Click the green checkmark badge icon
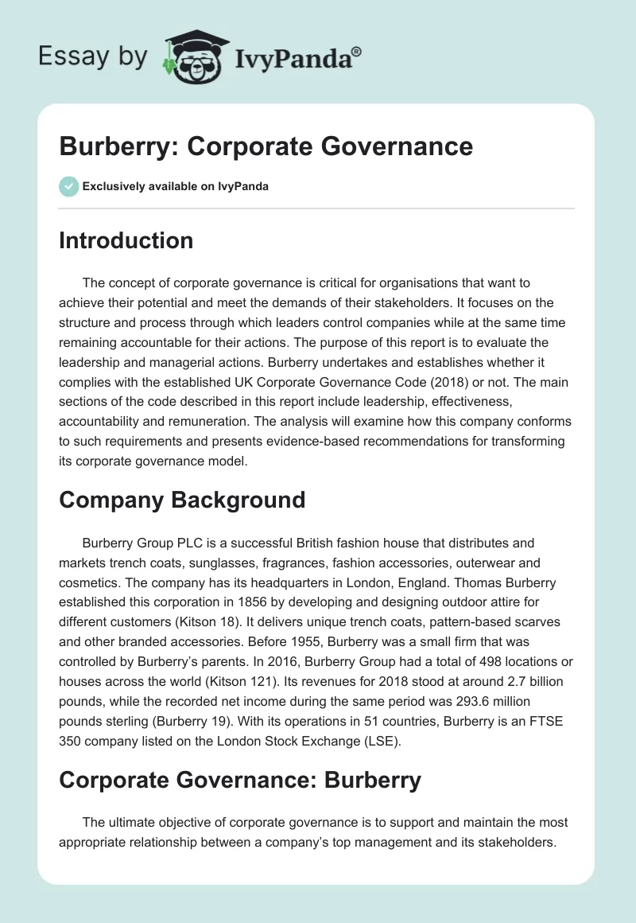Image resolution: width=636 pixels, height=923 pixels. pos(68,187)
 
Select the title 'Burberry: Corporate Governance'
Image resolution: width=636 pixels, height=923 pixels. pos(266,146)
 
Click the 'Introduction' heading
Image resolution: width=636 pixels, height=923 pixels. pos(126,240)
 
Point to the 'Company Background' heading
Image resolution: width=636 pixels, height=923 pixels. pos(182,500)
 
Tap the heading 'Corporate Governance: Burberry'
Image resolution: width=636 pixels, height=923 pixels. pos(239,780)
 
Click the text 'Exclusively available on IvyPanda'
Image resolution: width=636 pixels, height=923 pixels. pos(176,187)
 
